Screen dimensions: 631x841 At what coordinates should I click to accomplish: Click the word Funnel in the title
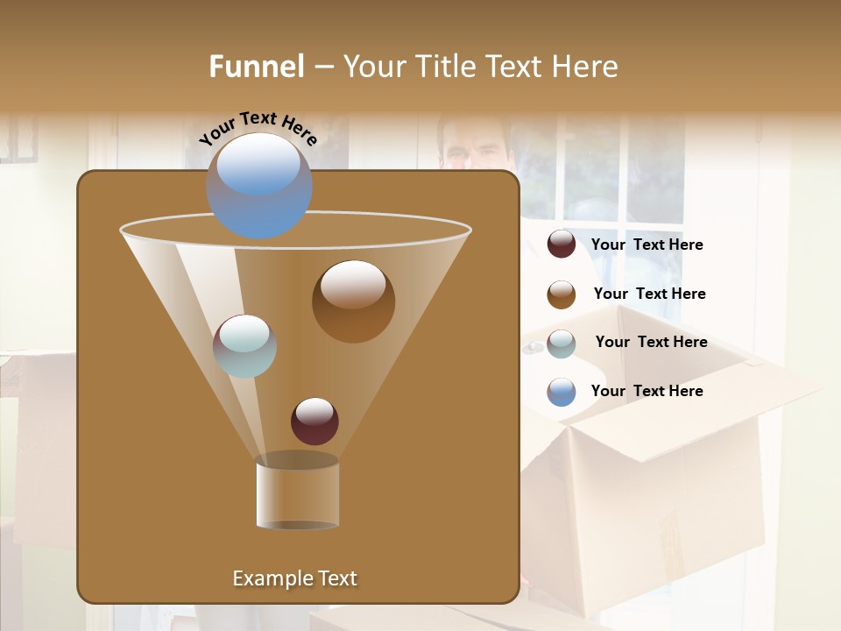(256, 67)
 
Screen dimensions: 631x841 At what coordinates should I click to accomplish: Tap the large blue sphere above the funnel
(259, 186)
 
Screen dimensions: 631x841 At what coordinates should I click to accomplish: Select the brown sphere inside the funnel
(353, 301)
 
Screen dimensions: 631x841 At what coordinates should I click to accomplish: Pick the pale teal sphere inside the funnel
(244, 346)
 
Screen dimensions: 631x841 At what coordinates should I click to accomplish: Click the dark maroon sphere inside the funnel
(314, 422)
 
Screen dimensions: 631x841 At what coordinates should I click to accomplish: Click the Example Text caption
(294, 578)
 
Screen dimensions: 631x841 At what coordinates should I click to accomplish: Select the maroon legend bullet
(562, 245)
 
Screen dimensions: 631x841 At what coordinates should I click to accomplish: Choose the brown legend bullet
(562, 294)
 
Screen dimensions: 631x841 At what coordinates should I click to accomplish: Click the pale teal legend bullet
(562, 344)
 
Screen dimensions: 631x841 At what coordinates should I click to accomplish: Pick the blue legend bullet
(562, 392)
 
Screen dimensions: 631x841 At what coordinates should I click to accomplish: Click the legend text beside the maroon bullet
(647, 245)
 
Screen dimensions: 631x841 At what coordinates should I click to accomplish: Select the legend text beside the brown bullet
(649, 294)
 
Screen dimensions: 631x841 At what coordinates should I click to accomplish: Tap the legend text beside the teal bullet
(651, 343)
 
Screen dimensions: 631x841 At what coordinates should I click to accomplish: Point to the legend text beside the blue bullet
(647, 391)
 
